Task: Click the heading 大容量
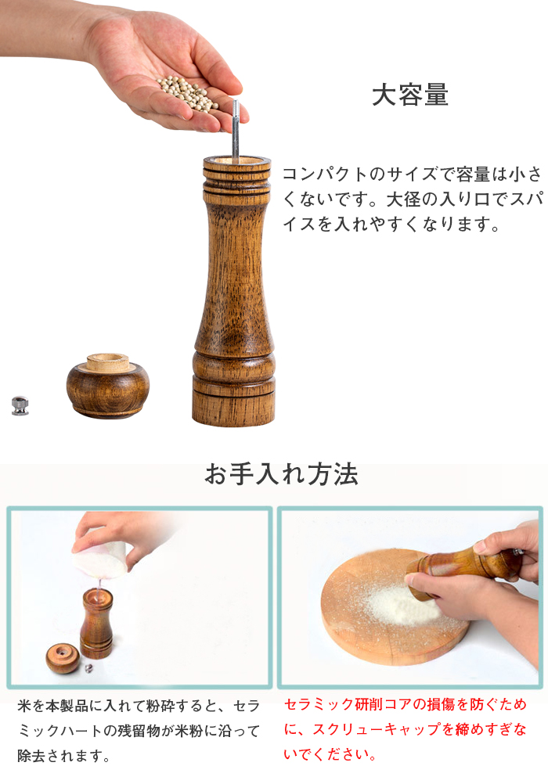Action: pyautogui.click(x=410, y=95)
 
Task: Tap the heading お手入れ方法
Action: pyautogui.click(x=281, y=473)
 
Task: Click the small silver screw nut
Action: pyautogui.click(x=20, y=405)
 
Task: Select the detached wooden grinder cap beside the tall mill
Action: pyautogui.click(x=108, y=386)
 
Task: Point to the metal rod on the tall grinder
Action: pyautogui.click(x=236, y=131)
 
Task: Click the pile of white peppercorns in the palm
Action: pyautogui.click(x=188, y=93)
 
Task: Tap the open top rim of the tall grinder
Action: pyautogui.click(x=236, y=161)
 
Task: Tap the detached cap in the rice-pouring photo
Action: pyautogui.click(x=63, y=659)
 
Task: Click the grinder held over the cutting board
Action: pyautogui.click(x=463, y=570)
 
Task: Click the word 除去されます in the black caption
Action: pyautogui.click(x=60, y=756)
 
